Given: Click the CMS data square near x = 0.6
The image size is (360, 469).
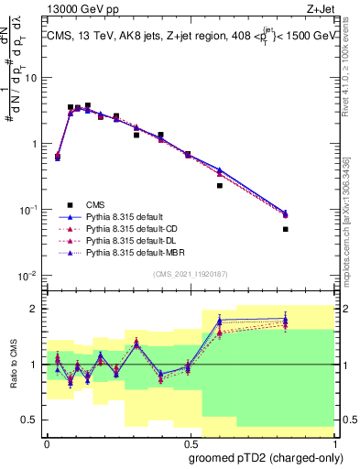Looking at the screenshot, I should [x=220, y=185].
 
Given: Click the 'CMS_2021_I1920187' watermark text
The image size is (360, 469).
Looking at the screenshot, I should [x=191, y=274].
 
